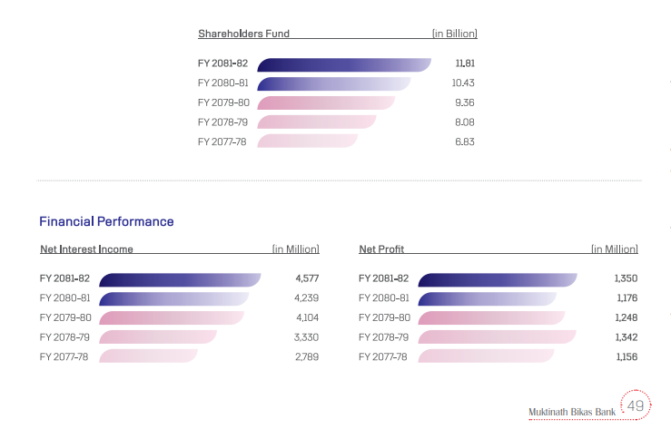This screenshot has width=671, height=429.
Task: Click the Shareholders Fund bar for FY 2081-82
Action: click(343, 64)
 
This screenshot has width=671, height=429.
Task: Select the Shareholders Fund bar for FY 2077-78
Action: click(307, 141)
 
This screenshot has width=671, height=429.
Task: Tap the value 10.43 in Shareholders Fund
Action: click(464, 83)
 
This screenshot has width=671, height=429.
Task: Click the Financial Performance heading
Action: click(106, 221)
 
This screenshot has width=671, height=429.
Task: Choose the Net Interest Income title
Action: click(87, 249)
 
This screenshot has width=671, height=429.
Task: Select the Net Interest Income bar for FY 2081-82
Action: click(179, 279)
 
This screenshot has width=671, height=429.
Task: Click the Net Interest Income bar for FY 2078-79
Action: click(157, 337)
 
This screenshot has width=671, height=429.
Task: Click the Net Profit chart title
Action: click(381, 249)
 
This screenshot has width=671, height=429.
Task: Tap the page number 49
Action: click(636, 405)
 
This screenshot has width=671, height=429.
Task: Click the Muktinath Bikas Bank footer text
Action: click(572, 413)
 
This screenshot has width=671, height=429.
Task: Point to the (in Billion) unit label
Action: click(454, 34)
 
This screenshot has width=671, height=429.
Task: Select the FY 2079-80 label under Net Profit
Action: click(384, 317)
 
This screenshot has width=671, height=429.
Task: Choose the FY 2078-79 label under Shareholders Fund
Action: click(222, 122)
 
